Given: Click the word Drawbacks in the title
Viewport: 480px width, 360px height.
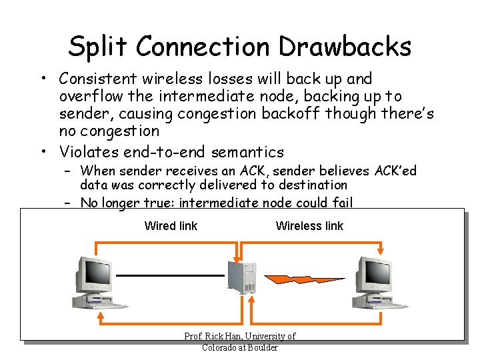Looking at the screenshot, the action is pyautogui.click(x=345, y=46).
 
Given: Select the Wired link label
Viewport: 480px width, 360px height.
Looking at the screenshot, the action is pyautogui.click(x=171, y=226).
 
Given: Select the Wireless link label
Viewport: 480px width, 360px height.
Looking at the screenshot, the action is pyautogui.click(x=309, y=226).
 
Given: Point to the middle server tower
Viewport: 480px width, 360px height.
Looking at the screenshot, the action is pyautogui.click(x=241, y=283).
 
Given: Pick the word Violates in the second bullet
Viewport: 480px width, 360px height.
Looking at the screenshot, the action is pyautogui.click(x=87, y=151).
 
